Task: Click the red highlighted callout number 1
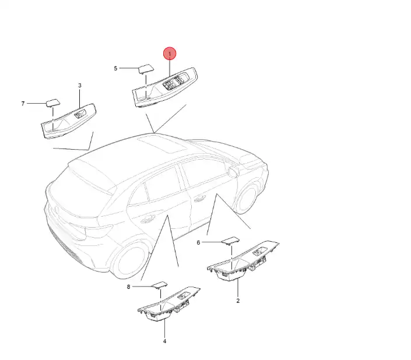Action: click(x=170, y=54)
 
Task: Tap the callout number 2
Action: click(x=238, y=301)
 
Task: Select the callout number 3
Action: click(x=80, y=86)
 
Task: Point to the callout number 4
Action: click(x=164, y=341)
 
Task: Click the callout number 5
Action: click(x=115, y=68)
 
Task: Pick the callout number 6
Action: click(x=198, y=243)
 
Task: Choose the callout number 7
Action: click(x=23, y=104)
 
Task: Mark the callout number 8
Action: click(x=128, y=287)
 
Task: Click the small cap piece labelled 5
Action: click(x=146, y=69)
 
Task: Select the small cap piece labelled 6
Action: click(x=231, y=241)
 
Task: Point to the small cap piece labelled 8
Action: click(x=160, y=285)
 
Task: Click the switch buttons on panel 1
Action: click(x=173, y=82)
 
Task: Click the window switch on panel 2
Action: click(x=259, y=251)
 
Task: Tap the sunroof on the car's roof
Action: click(x=162, y=143)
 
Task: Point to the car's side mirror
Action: click(x=233, y=171)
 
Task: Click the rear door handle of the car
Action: click(x=147, y=220)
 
